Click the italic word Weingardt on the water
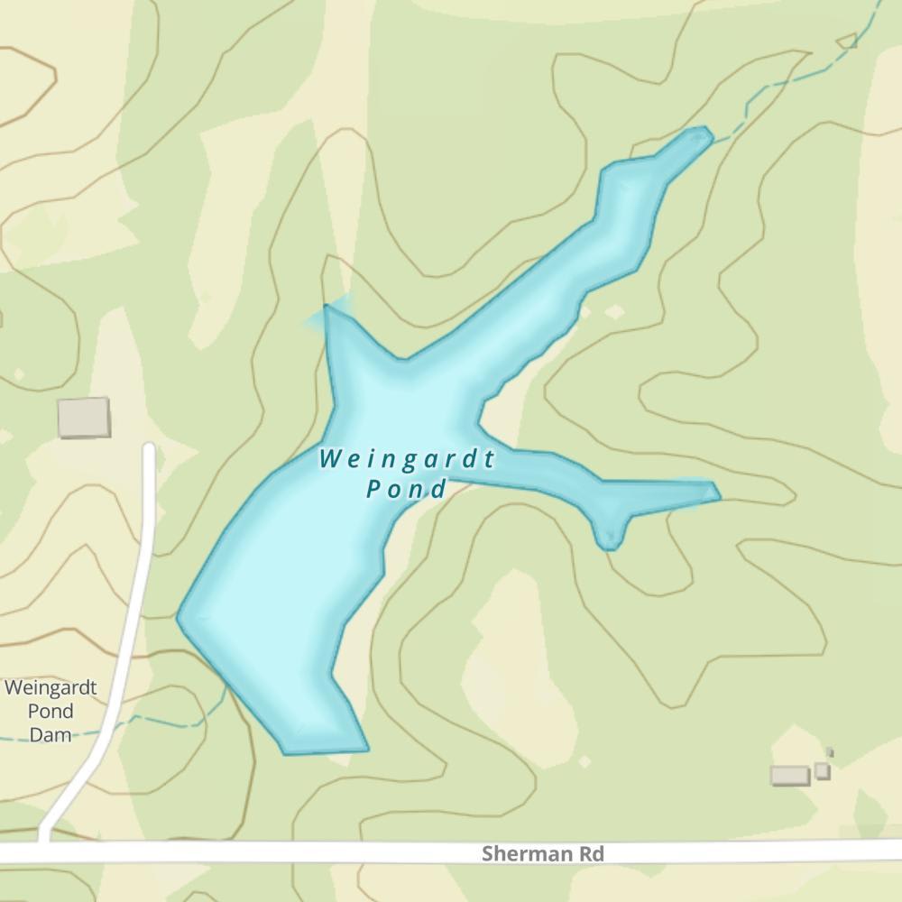[407, 460]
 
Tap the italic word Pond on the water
[406, 490]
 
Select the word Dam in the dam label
[51, 734]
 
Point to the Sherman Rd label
[542, 853]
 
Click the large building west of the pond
[84, 419]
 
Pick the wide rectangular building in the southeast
[789, 775]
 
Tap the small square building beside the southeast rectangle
[822, 770]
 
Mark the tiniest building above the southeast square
[830, 752]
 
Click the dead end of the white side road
[149, 447]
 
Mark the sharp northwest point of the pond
[326, 307]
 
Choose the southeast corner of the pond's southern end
[366, 749]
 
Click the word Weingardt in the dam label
[51, 687]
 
